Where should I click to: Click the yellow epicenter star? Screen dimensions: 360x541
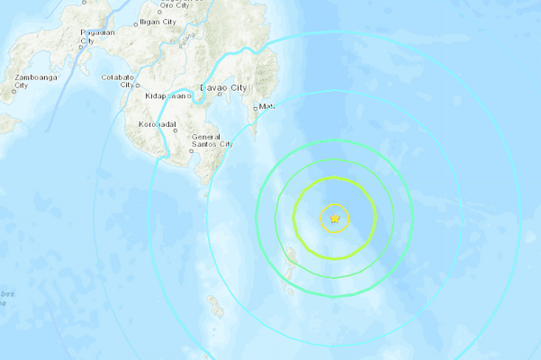coord(335,218)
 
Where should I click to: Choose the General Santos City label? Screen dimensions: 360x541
coord(212,139)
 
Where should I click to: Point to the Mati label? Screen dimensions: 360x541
coord(267,108)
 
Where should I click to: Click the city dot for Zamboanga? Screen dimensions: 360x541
coord(15,89)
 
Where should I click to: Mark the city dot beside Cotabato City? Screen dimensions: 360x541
coord(138,85)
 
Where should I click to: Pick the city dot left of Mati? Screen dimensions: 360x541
coord(257,108)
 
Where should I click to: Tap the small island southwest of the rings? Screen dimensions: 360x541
coord(214,307)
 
